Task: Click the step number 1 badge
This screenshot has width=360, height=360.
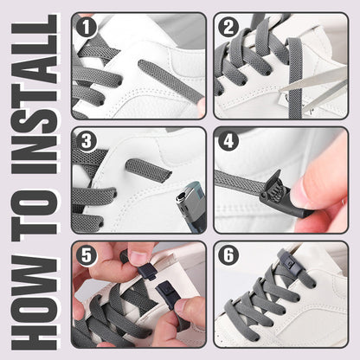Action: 86,27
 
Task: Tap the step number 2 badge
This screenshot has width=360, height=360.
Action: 228,27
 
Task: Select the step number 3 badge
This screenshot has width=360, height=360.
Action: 86,141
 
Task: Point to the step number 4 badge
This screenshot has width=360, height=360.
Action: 228,141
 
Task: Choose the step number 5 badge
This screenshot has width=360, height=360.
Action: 86,255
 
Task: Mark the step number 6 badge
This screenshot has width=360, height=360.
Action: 228,255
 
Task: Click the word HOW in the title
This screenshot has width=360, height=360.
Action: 35,303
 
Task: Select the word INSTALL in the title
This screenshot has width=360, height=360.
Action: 35,94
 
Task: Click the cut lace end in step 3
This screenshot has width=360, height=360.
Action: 149,170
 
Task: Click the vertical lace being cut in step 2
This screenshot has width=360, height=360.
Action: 295,78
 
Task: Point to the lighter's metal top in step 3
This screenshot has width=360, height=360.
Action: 184,201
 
